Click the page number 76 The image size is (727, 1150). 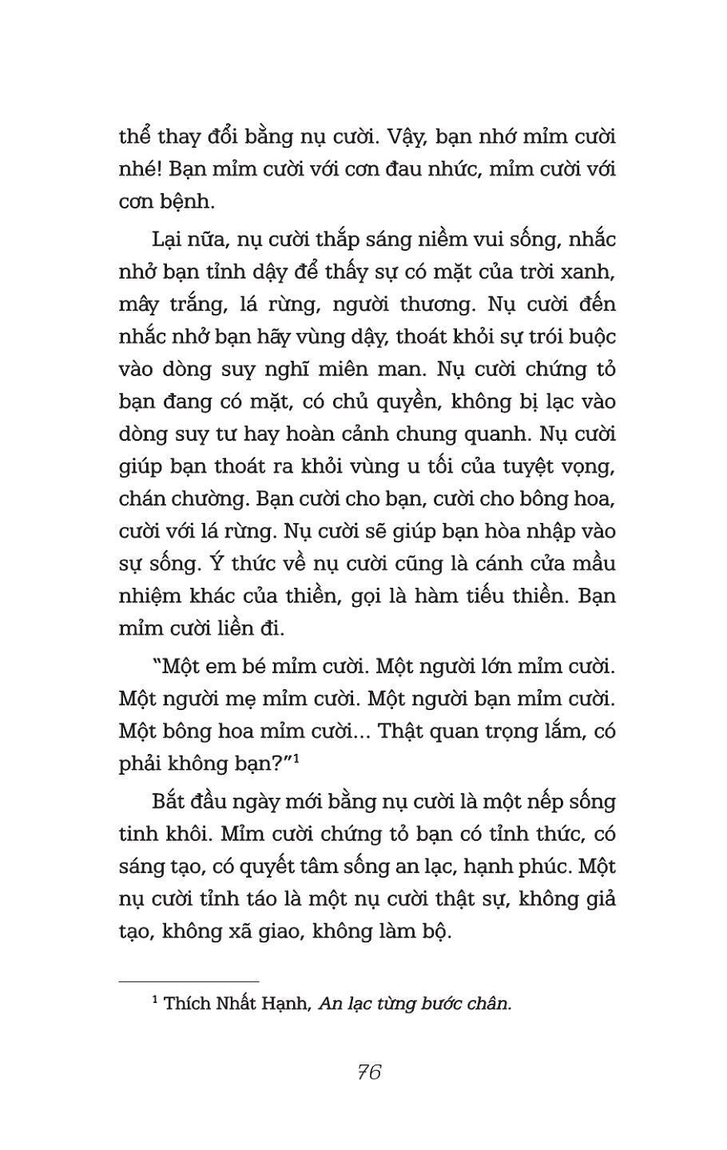[x=369, y=1072]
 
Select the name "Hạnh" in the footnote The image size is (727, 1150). [x=285, y=1004]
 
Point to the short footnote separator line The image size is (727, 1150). [x=189, y=981]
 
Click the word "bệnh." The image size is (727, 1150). [x=189, y=203]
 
